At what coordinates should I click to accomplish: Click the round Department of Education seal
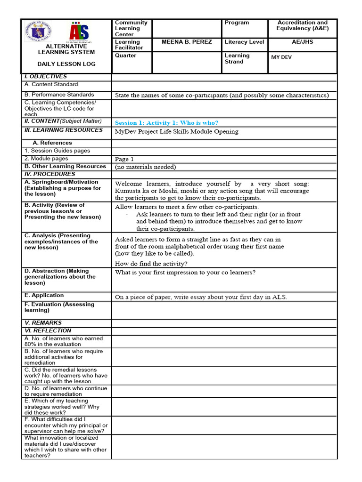[x=38, y=32]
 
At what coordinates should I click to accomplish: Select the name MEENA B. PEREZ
[x=187, y=42]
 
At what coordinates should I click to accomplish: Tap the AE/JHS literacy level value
[x=302, y=42]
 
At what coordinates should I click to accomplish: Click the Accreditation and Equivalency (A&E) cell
[x=302, y=25]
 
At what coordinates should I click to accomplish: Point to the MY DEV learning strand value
[x=281, y=57]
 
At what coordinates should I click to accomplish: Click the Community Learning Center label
[x=131, y=28]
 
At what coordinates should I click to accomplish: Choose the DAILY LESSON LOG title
[x=66, y=64]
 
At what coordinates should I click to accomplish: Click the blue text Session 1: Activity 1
[x=166, y=123]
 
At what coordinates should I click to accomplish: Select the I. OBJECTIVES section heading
[x=45, y=76]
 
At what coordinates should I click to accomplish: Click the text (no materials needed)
[x=145, y=167]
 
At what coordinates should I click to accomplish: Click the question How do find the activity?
[x=151, y=264]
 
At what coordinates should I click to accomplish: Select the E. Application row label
[x=44, y=296]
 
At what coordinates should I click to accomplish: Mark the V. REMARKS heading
[x=43, y=323]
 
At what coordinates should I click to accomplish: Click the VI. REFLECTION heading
[x=48, y=331]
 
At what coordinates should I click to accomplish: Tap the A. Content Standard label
[x=51, y=84]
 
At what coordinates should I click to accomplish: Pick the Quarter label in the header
[x=125, y=56]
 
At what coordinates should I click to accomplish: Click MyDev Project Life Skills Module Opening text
[x=176, y=132]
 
